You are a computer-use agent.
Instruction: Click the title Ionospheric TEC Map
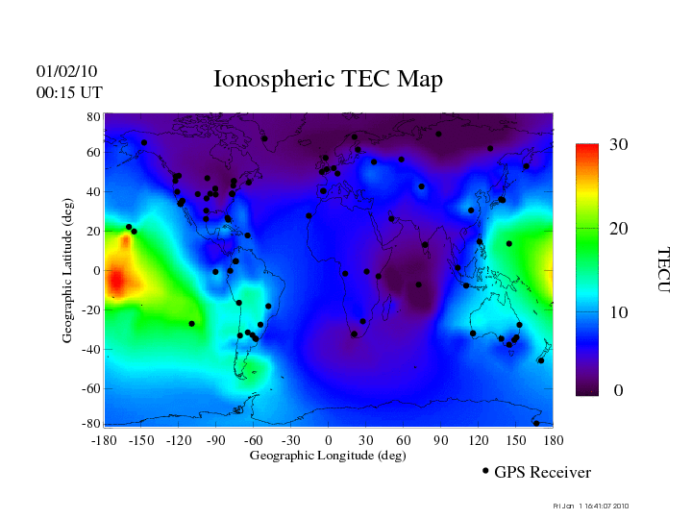pos(328,80)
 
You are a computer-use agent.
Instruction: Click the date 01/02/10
pos(66,71)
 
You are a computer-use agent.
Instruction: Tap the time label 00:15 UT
pos(69,92)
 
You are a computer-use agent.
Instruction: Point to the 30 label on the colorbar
pos(618,145)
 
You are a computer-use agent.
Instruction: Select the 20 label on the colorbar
pos(618,231)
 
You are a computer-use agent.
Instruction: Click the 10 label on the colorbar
pos(618,313)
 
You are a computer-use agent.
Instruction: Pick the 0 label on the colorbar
pos(619,391)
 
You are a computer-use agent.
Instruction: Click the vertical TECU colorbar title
pos(662,270)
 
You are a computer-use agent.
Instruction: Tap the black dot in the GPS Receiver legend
pos(485,471)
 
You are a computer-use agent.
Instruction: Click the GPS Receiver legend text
pos(542,472)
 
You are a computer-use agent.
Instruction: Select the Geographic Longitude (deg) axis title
pos(328,456)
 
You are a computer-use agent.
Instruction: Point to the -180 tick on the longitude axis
pos(104,440)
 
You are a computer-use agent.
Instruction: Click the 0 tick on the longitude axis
pos(328,440)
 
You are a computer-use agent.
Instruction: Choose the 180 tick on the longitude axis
pos(553,440)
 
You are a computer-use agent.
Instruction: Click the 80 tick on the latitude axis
pos(93,116)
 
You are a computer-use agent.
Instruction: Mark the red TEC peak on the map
pos(115,281)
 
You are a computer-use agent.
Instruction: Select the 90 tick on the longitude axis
pos(440,440)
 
